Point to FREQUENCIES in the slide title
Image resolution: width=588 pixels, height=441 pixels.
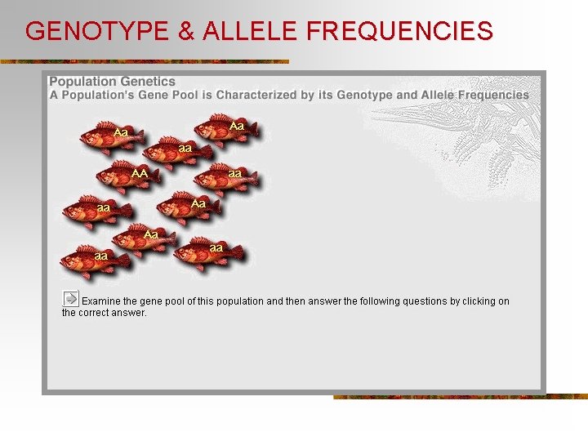tap(401, 31)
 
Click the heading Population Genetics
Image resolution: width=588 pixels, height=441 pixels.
tap(112, 82)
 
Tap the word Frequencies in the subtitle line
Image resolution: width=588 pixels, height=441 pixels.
tap(493, 95)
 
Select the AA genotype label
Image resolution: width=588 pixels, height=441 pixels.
tap(140, 173)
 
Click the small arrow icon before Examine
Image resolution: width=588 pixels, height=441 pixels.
tap(71, 299)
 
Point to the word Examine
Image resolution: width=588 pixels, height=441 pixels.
tap(103, 301)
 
